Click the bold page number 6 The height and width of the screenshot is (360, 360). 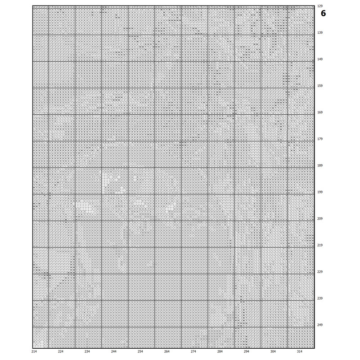pyautogui.click(x=323, y=13)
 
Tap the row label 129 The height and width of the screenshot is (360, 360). pyautogui.click(x=320, y=6)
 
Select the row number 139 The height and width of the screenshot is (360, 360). pyautogui.click(x=320, y=33)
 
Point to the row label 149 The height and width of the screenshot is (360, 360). pyautogui.click(x=320, y=59)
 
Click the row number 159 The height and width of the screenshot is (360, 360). pyautogui.click(x=320, y=85)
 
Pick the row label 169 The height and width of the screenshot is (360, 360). pyautogui.click(x=320, y=112)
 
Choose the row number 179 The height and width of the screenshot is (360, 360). pyautogui.click(x=320, y=139)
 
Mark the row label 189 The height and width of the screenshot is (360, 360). pyautogui.click(x=320, y=165)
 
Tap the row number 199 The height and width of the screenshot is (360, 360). pyautogui.click(x=320, y=192)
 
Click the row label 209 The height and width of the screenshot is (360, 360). pyautogui.click(x=320, y=218)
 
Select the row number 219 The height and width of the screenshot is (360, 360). pyautogui.click(x=320, y=245)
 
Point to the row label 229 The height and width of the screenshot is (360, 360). pyautogui.click(x=320, y=271)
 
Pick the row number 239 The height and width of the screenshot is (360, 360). pyautogui.click(x=320, y=298)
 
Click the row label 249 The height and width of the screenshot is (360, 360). pyautogui.click(x=320, y=324)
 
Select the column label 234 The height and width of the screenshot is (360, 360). pyautogui.click(x=87, y=351)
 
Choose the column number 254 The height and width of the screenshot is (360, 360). pyautogui.click(x=140, y=351)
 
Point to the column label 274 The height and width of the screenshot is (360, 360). pyautogui.click(x=193, y=351)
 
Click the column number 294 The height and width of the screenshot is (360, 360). pyautogui.click(x=247, y=351)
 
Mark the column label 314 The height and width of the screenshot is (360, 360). pyautogui.click(x=300, y=351)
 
